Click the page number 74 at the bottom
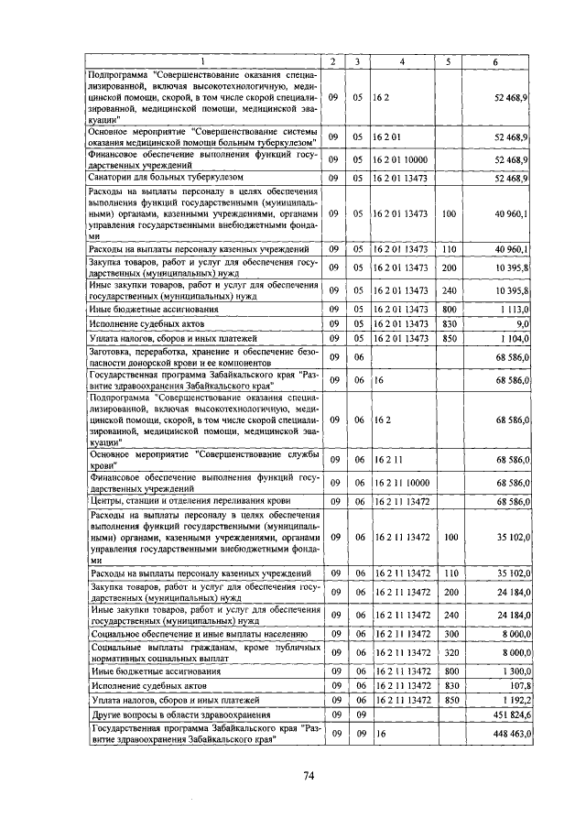click(309, 776)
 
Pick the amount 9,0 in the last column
click(522, 324)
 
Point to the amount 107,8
click(519, 685)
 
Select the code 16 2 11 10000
click(401, 483)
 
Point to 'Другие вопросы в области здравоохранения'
click(178, 714)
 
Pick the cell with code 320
click(449, 652)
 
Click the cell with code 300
click(449, 633)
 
